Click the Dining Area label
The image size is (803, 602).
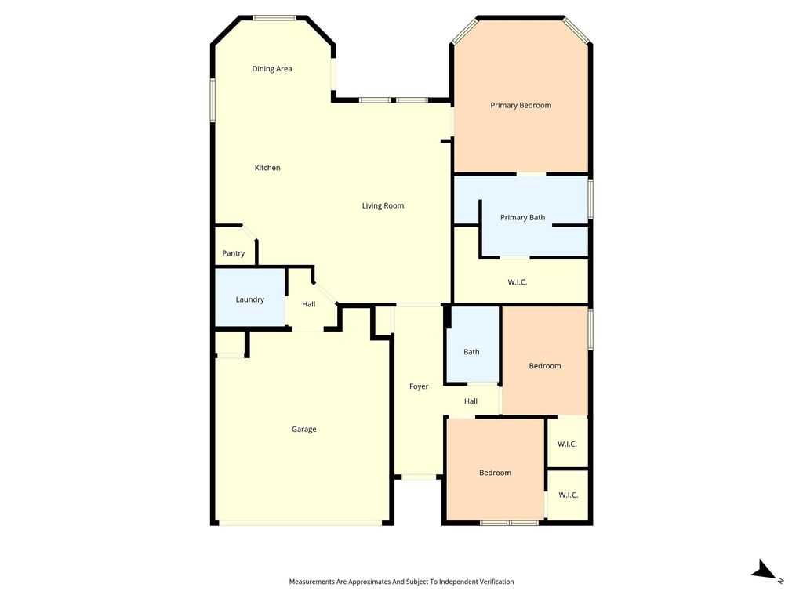pos(272,69)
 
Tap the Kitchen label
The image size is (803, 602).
pos(267,168)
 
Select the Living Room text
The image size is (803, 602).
pos(383,206)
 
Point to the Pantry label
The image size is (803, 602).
pos(234,253)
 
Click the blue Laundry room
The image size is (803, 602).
pos(250,297)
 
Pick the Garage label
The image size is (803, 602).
pos(303,429)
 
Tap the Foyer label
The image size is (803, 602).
pos(419,386)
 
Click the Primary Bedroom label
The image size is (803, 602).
pos(521,106)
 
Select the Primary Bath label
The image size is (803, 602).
pos(523,218)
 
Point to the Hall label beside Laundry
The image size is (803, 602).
pos(309,304)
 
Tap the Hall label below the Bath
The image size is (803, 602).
pos(471,401)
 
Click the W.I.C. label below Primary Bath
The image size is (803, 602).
pos(518,282)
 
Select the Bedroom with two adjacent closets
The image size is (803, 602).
pos(496,470)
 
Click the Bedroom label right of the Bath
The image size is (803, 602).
pos(545,366)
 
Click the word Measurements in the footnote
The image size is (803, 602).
pos(311,582)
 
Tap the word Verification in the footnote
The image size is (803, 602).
pos(496,582)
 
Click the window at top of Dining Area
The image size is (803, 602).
pos(274,19)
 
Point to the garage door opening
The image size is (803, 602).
pos(300,523)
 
